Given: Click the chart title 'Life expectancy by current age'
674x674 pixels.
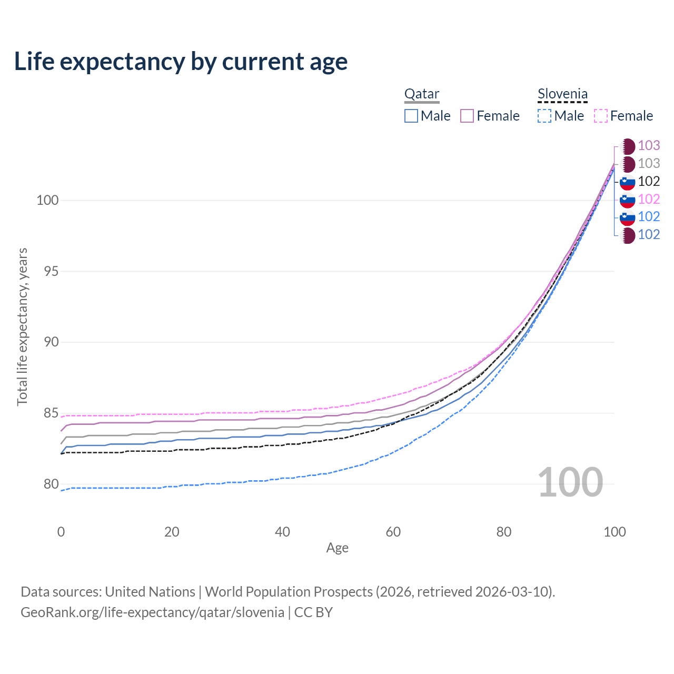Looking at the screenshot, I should (181, 62).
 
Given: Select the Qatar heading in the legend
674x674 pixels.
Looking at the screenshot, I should (421, 94).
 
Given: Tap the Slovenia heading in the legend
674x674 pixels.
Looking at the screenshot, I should (562, 94).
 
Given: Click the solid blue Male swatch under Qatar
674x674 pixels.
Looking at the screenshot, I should (411, 116).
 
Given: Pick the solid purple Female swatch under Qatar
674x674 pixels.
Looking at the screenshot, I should (467, 116).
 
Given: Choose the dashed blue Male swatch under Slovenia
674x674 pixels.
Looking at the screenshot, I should (544, 116).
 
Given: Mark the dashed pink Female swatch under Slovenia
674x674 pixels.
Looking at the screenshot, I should (601, 116).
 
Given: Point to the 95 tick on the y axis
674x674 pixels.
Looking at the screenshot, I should (47, 272).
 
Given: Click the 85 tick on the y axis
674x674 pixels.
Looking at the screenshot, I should (47, 413).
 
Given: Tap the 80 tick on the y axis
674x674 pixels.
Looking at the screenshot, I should (47, 484).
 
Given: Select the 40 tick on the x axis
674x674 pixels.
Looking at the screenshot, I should (283, 532).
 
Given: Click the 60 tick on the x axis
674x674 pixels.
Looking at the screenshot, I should (393, 532).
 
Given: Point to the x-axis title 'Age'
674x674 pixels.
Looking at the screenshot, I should (338, 548).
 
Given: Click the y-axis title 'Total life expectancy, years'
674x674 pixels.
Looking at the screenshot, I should (22, 327).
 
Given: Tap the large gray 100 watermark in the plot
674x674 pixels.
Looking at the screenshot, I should (570, 482).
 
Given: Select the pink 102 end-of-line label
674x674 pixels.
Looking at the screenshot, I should (649, 199).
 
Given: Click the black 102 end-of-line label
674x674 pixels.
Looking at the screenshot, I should (649, 181).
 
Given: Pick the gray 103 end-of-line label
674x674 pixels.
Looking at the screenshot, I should (649, 164).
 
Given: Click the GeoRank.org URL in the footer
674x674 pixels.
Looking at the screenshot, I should (152, 612).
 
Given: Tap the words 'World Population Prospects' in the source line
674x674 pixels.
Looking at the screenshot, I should (289, 592).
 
